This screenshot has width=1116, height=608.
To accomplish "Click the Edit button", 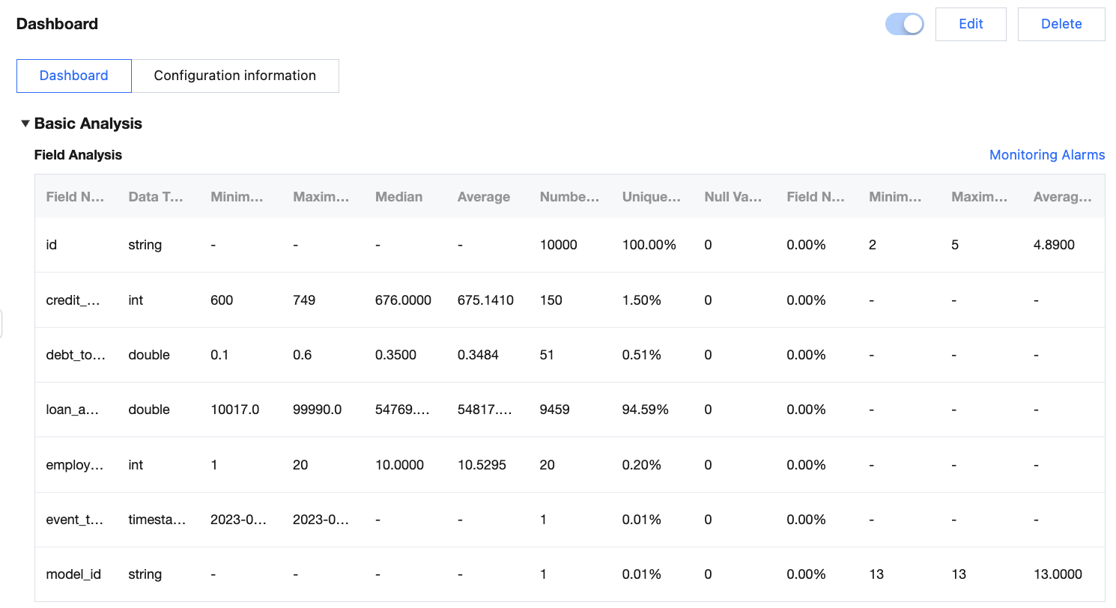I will pyautogui.click(x=971, y=24).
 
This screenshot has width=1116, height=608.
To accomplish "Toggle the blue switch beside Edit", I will pyautogui.click(x=904, y=24).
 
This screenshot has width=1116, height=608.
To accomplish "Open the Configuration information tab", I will pyautogui.click(x=234, y=76).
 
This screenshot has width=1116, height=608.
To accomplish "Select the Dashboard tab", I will pyautogui.click(x=73, y=76).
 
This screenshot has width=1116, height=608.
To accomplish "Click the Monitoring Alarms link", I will pyautogui.click(x=1046, y=155).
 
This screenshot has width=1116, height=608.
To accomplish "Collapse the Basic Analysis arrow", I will pyautogui.click(x=25, y=124).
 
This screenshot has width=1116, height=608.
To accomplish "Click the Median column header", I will pyautogui.click(x=398, y=197).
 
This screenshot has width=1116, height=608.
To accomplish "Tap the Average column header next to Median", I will pyautogui.click(x=483, y=197).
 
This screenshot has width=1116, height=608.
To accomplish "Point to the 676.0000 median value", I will pyautogui.click(x=403, y=300).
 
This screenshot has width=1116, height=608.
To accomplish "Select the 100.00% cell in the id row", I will pyautogui.click(x=649, y=245).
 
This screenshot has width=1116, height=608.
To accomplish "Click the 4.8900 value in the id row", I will pyautogui.click(x=1054, y=245).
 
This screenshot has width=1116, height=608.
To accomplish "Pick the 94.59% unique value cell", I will pyautogui.click(x=645, y=410).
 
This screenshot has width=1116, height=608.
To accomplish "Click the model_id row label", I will pyautogui.click(x=73, y=574).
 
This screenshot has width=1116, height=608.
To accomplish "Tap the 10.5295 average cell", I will pyautogui.click(x=482, y=465).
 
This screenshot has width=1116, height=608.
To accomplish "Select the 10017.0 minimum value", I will pyautogui.click(x=235, y=410).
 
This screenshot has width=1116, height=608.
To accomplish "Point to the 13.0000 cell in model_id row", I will pyautogui.click(x=1058, y=574).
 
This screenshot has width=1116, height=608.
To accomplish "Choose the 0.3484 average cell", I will pyautogui.click(x=478, y=355).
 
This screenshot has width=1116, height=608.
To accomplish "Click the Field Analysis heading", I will pyautogui.click(x=78, y=155).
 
